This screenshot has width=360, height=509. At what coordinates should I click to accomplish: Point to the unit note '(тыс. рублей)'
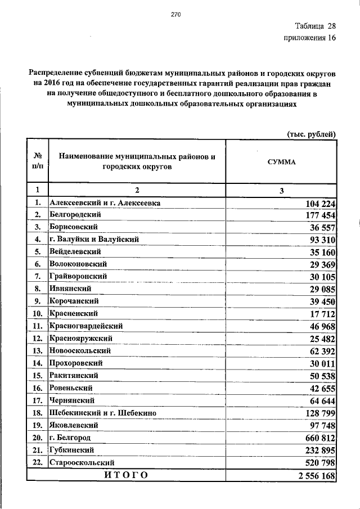pos(312,133)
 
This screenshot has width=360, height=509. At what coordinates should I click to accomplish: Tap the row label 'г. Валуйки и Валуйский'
pos(93,239)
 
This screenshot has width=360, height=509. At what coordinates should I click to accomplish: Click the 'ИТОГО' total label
pos(126,476)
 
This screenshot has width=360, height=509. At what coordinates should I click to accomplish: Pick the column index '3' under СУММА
pos(281,190)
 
